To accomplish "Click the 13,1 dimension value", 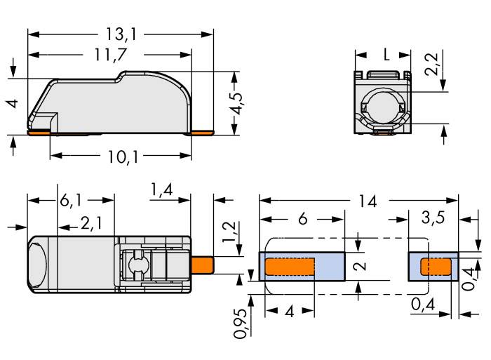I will (x=120, y=34).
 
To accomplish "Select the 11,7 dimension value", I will (x=109, y=54).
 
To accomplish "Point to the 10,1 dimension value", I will (x=121, y=156).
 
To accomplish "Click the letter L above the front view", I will (x=386, y=54).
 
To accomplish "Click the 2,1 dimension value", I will (x=91, y=225).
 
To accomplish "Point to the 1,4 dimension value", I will (x=161, y=190).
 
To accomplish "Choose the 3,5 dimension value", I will (x=433, y=218).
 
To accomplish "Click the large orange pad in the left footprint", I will (x=290, y=267).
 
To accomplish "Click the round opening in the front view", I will (x=384, y=109).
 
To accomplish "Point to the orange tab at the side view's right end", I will (x=202, y=131).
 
